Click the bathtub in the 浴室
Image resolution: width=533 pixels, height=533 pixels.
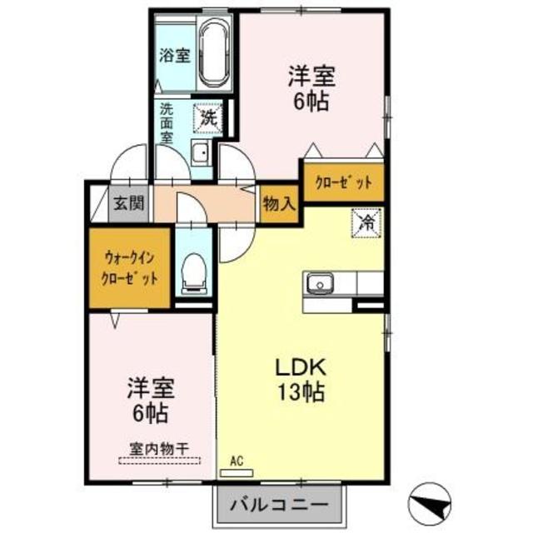click(x=216, y=53)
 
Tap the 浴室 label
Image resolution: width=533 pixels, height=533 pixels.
click(x=175, y=57)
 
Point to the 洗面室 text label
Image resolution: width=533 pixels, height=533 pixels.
click(x=167, y=122)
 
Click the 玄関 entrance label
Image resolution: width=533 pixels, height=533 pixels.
click(x=129, y=202)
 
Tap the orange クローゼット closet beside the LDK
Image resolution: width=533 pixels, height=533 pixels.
click(x=344, y=182)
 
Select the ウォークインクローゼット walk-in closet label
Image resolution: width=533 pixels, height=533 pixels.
click(x=130, y=267)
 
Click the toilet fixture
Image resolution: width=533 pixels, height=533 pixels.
click(x=194, y=274)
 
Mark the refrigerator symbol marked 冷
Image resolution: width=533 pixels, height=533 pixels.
click(x=366, y=222)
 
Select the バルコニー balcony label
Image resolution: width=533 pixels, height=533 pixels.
click(x=279, y=504)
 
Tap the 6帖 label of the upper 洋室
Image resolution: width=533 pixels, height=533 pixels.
click(x=312, y=102)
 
